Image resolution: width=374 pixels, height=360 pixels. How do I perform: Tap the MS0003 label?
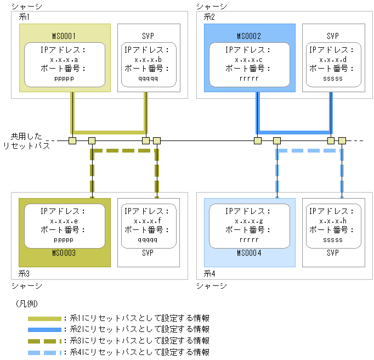point(65,253)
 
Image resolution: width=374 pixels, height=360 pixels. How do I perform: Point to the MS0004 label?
point(250,253)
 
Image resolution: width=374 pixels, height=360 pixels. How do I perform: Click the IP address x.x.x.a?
point(65,59)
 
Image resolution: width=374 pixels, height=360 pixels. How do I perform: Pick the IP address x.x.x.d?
point(333,59)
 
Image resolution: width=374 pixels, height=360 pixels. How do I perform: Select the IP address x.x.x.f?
point(148,221)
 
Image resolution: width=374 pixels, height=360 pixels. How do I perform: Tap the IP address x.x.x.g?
point(250,221)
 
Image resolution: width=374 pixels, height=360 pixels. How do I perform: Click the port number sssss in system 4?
point(333,239)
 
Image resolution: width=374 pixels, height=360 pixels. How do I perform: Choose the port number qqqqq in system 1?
point(148,78)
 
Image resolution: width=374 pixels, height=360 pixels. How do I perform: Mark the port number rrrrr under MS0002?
point(250,78)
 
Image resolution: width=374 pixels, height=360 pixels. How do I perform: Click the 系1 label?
point(24,17)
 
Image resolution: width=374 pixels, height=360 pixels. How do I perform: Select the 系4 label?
point(209,273)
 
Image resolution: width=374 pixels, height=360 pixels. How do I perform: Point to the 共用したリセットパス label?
point(30,140)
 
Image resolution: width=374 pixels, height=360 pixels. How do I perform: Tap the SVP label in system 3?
point(148,253)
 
